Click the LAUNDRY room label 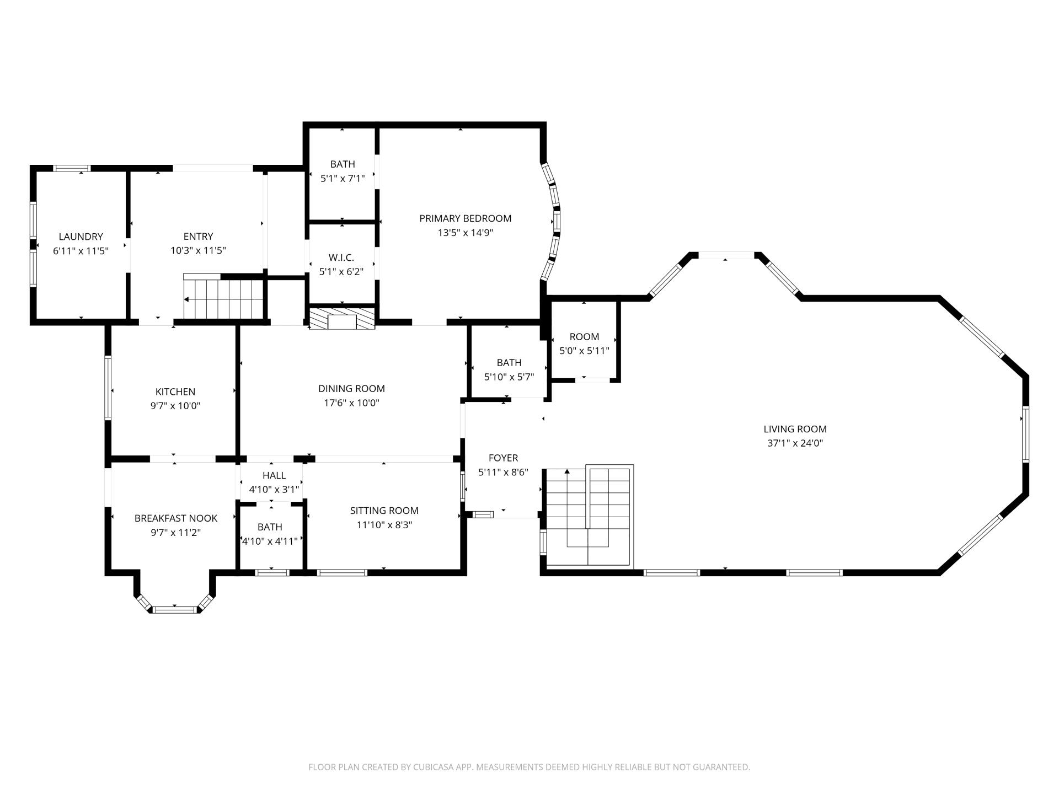pos(81,237)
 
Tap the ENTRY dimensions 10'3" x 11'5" pos(198,250)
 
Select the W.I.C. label pos(341,257)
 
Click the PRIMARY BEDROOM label pos(465,218)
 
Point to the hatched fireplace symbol pos(342,319)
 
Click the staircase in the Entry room pos(223,299)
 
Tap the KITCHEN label pos(175,391)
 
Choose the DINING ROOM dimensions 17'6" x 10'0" pos(351,403)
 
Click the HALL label pos(274,475)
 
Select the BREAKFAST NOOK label pos(175,518)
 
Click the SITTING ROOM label pos(384,511)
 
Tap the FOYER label pos(503,458)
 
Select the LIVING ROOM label pos(795,429)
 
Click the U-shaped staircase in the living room pos(588,516)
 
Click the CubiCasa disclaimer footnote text pos(529,767)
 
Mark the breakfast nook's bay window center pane pos(174,609)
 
